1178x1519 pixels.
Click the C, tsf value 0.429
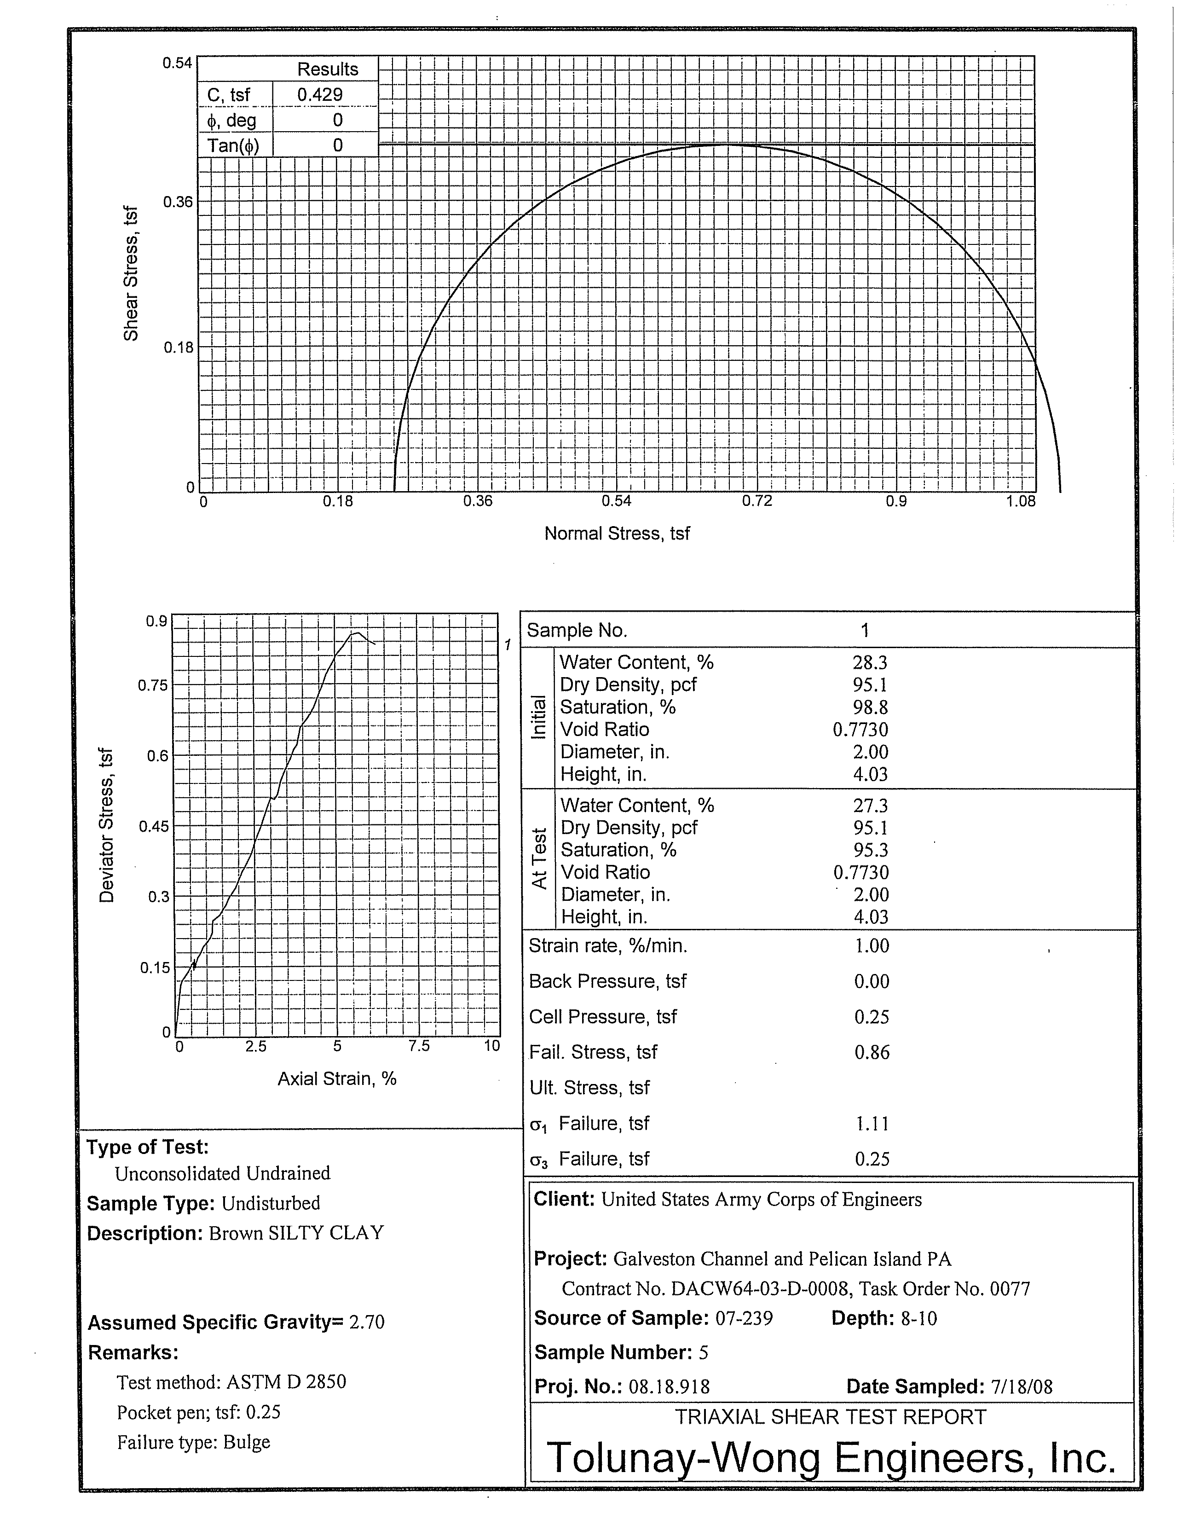(x=320, y=94)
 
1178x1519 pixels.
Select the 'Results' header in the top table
(x=328, y=70)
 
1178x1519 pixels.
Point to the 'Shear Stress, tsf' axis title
(x=131, y=273)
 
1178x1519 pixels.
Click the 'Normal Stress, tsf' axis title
(x=617, y=533)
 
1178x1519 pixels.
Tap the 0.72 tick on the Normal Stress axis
(x=756, y=501)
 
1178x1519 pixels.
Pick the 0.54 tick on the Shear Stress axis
(x=177, y=64)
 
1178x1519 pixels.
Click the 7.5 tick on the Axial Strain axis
(x=419, y=1046)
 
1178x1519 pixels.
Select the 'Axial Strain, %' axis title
(x=337, y=1079)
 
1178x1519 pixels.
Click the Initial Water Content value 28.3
(x=870, y=663)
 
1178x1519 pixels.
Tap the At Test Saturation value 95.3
(x=871, y=850)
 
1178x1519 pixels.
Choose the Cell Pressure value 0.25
(x=872, y=1017)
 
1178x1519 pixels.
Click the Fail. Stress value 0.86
(x=872, y=1052)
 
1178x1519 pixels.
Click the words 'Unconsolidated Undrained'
(x=223, y=1173)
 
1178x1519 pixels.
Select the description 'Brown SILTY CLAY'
(x=296, y=1233)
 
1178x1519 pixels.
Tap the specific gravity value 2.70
(x=366, y=1322)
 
